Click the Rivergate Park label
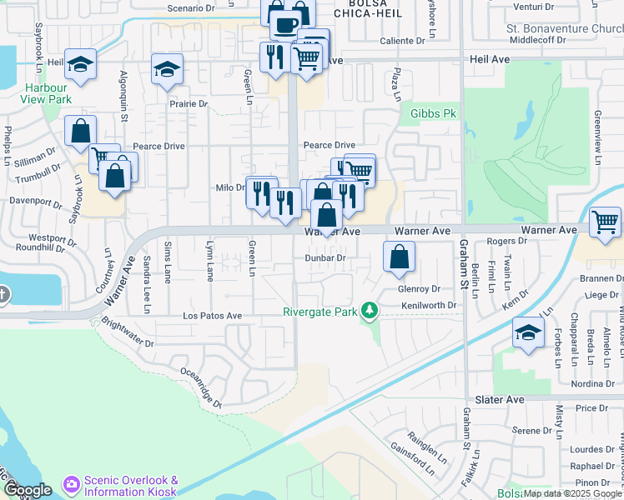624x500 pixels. click(x=320, y=312)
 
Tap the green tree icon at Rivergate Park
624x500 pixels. click(x=368, y=312)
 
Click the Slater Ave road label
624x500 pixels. click(x=500, y=400)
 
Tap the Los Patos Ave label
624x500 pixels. click(x=212, y=316)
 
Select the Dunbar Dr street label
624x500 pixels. click(x=325, y=258)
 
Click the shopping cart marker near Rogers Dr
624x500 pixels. click(x=605, y=222)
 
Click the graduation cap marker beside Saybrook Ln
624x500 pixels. click(x=80, y=64)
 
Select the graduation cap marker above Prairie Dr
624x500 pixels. click(x=167, y=70)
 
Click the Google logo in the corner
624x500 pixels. click(x=27, y=490)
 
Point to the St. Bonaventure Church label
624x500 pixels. click(x=566, y=27)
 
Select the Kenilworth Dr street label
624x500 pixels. click(x=429, y=305)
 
